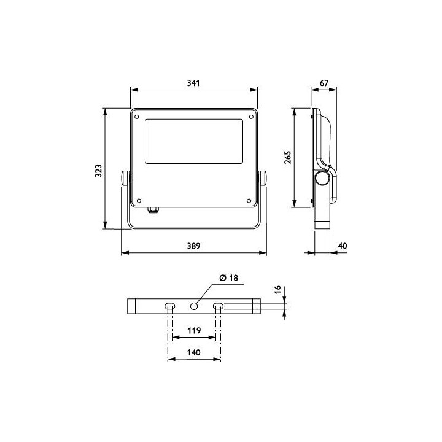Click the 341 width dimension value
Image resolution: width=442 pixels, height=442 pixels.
[x=193, y=83]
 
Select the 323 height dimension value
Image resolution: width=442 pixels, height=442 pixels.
[x=97, y=170]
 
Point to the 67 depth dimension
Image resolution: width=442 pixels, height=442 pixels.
[x=324, y=83]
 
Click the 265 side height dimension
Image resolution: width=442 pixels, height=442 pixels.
[x=287, y=158]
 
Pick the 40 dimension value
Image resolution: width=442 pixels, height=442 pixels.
[x=343, y=246]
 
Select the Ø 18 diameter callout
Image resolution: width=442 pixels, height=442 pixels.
[x=228, y=278]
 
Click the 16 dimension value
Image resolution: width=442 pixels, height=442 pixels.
[x=277, y=289]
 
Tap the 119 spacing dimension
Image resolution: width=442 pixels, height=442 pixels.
[x=193, y=330]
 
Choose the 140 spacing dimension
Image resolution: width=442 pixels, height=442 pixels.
[x=193, y=352]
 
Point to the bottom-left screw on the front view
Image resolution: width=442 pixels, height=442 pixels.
[x=138, y=200]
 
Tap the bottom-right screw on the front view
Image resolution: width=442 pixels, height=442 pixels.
[x=249, y=200]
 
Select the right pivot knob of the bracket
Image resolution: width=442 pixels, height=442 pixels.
[x=264, y=179]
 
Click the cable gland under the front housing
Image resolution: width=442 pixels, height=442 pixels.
[x=152, y=211]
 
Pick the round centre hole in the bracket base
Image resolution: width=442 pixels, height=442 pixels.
[x=195, y=306]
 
